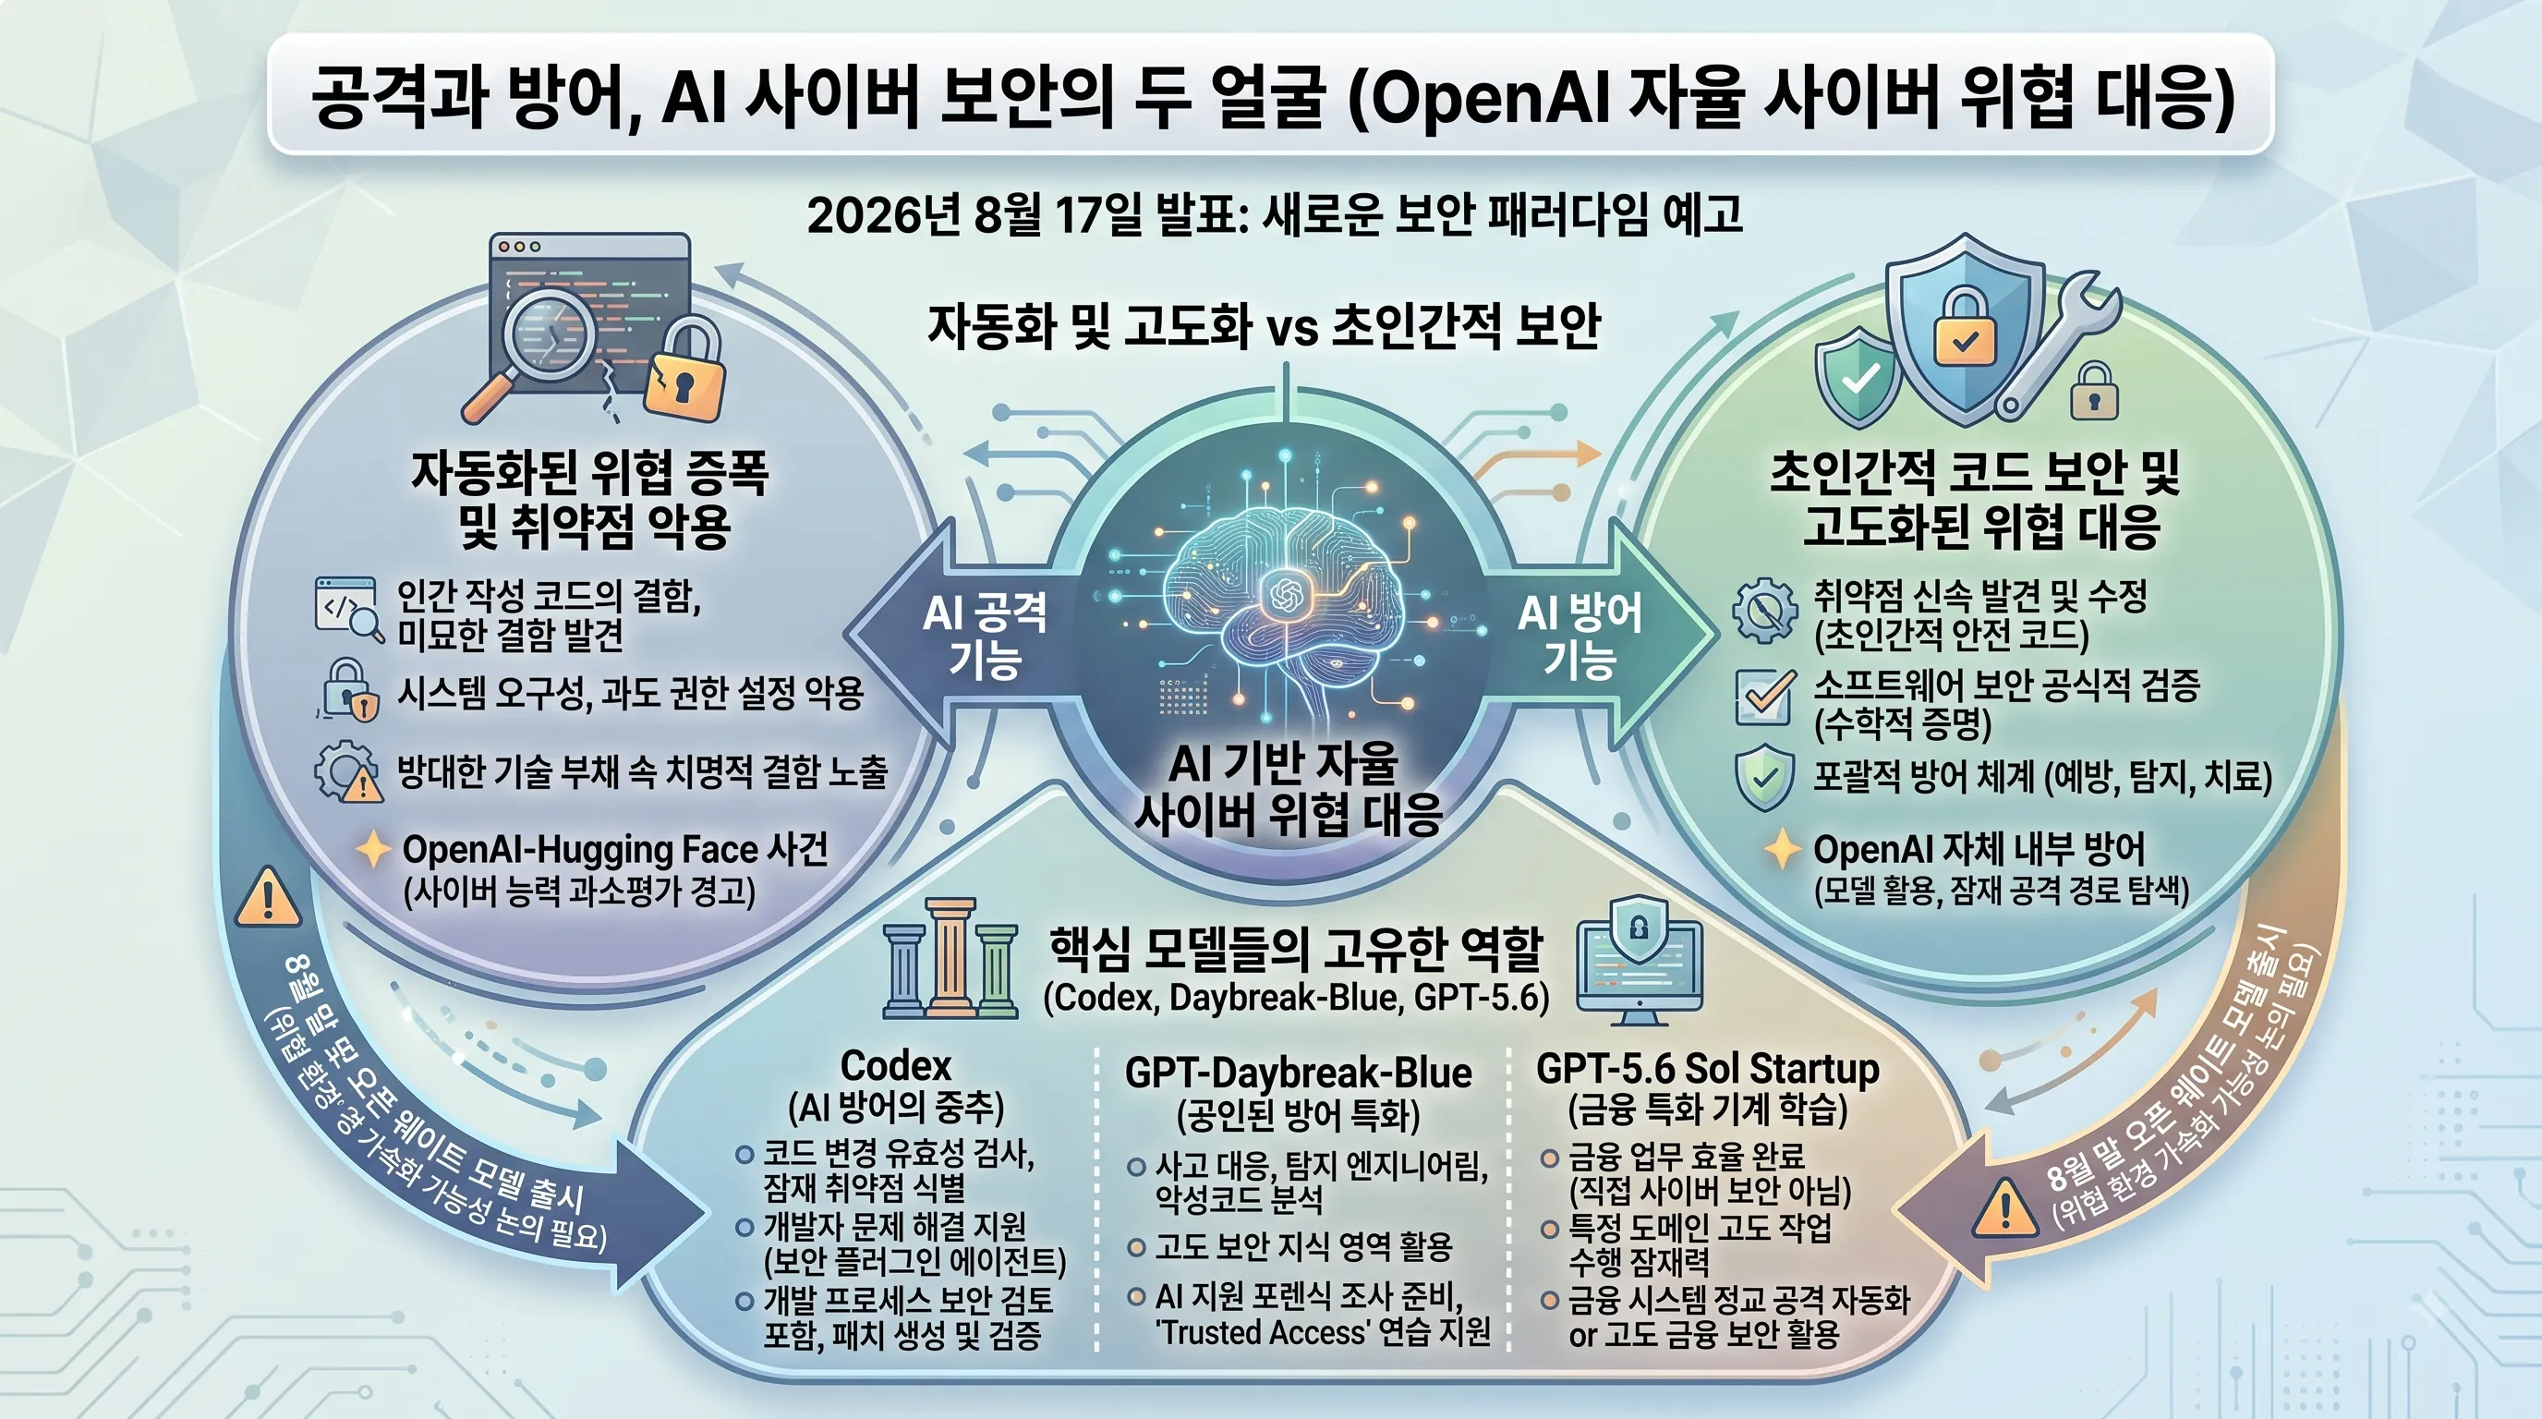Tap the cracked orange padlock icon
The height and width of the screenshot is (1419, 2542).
point(684,366)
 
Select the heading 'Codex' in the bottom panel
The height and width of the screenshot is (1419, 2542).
point(896,1066)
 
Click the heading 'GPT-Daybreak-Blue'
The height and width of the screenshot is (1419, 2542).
point(1299,1073)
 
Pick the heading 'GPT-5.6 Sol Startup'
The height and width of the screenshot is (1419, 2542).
point(1708,1069)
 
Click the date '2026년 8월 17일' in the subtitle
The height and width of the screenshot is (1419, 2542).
point(973,214)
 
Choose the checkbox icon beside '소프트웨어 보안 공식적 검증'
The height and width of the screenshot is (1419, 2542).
point(1764,696)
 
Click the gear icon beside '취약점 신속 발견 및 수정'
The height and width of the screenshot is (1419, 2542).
point(1764,610)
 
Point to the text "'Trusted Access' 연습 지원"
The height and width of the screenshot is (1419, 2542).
point(1323,1332)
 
